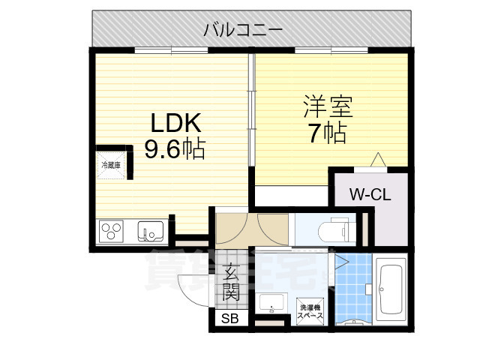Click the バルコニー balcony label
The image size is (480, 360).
(x=243, y=30)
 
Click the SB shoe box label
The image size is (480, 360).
(x=226, y=319)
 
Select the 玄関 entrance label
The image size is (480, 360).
(x=230, y=282)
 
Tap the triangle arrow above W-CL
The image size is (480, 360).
(x=378, y=159)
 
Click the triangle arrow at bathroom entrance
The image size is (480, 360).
(x=341, y=262)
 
